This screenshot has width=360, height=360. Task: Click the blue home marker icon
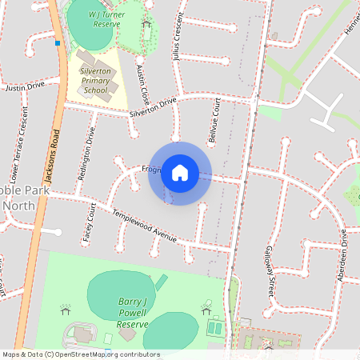180,173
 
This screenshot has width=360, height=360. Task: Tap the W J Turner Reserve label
93,18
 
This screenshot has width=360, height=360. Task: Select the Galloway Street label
271,271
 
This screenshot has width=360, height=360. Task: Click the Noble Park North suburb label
24,198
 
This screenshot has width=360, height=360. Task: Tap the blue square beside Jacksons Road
58,43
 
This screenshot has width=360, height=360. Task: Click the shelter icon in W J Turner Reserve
146,23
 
